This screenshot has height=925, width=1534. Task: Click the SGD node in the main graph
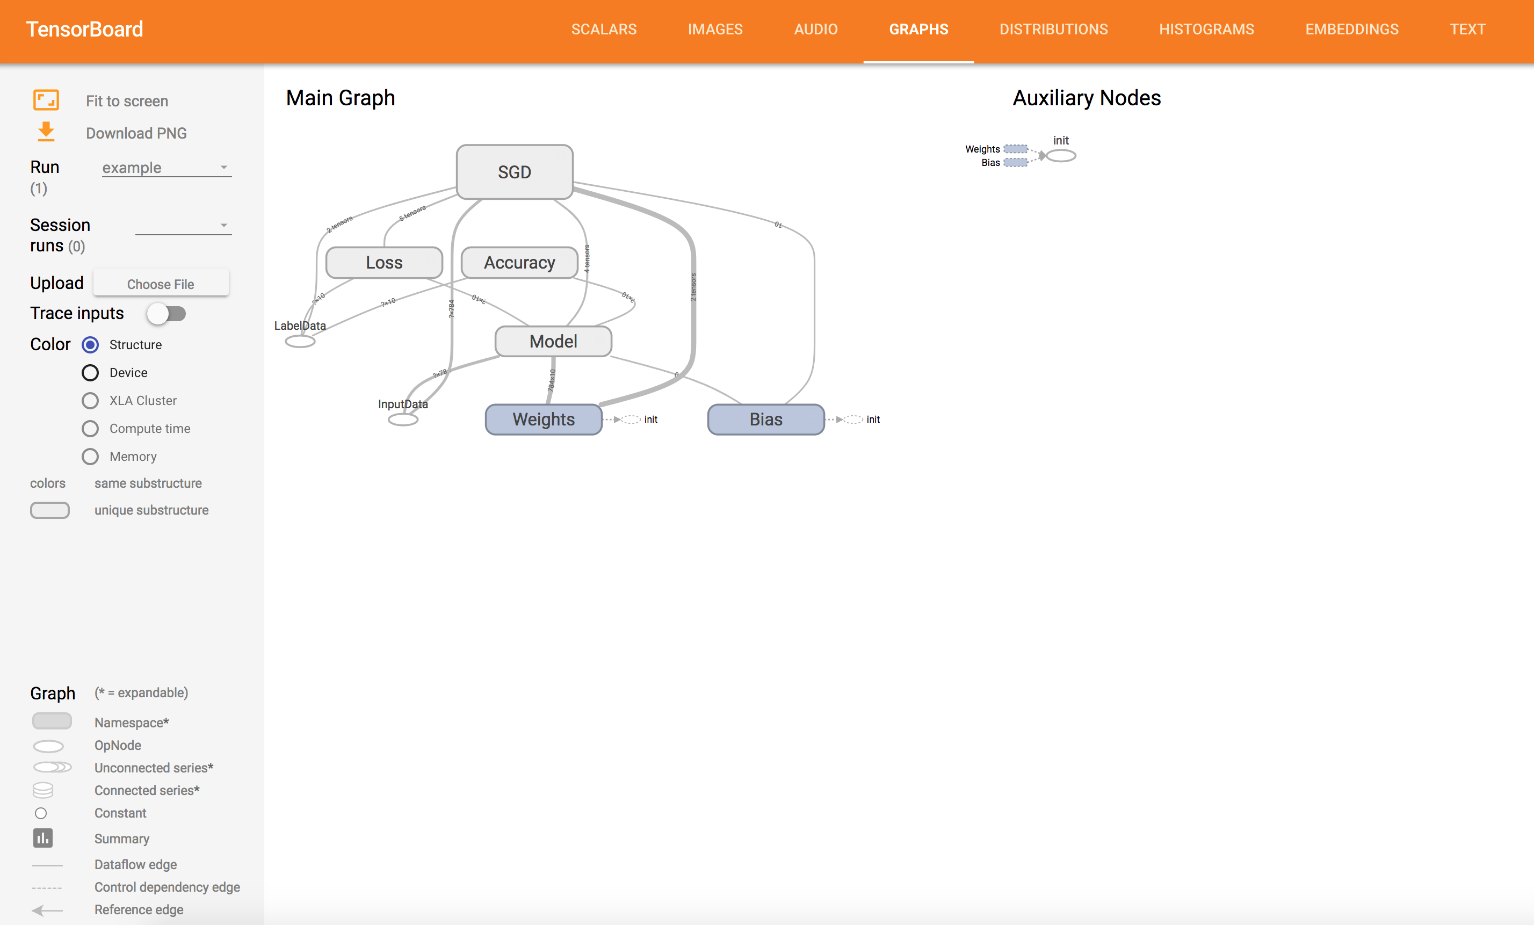[x=514, y=172]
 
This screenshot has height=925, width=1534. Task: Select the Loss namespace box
[x=384, y=263]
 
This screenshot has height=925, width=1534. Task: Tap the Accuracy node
[x=519, y=263]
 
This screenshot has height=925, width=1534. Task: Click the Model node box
[x=553, y=341]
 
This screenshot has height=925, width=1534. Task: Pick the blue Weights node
[x=544, y=420]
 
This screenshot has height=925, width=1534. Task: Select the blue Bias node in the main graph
[x=766, y=420]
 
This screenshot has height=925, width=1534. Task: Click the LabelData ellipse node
[x=300, y=341]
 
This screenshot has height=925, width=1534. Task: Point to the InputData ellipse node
[x=403, y=420]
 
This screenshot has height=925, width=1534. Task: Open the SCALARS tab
[x=604, y=29]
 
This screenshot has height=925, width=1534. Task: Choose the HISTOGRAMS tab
[x=1206, y=29]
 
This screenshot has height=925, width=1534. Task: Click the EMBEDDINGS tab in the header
[x=1351, y=29]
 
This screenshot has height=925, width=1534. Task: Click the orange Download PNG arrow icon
[x=46, y=132]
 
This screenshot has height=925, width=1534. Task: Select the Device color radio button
[x=90, y=373]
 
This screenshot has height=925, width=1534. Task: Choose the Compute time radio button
[x=90, y=429]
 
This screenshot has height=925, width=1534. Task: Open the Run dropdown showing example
[x=166, y=168]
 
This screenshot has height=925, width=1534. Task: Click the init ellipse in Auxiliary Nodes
[x=1061, y=156]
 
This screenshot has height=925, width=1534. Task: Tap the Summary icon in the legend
[x=43, y=838]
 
